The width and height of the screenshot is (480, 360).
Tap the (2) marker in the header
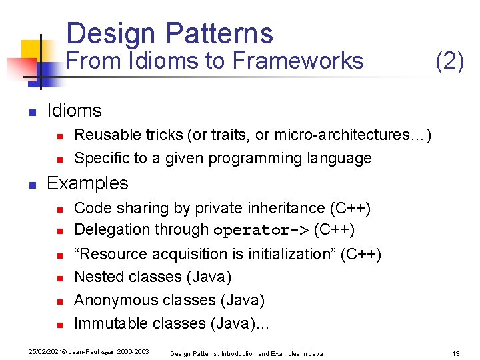[x=449, y=61]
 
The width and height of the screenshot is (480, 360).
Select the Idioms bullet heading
[x=74, y=111]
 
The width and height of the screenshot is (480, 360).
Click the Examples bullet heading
[x=87, y=183]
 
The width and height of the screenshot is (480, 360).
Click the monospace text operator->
[x=261, y=230]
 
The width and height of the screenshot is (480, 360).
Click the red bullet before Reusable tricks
[x=59, y=136]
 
